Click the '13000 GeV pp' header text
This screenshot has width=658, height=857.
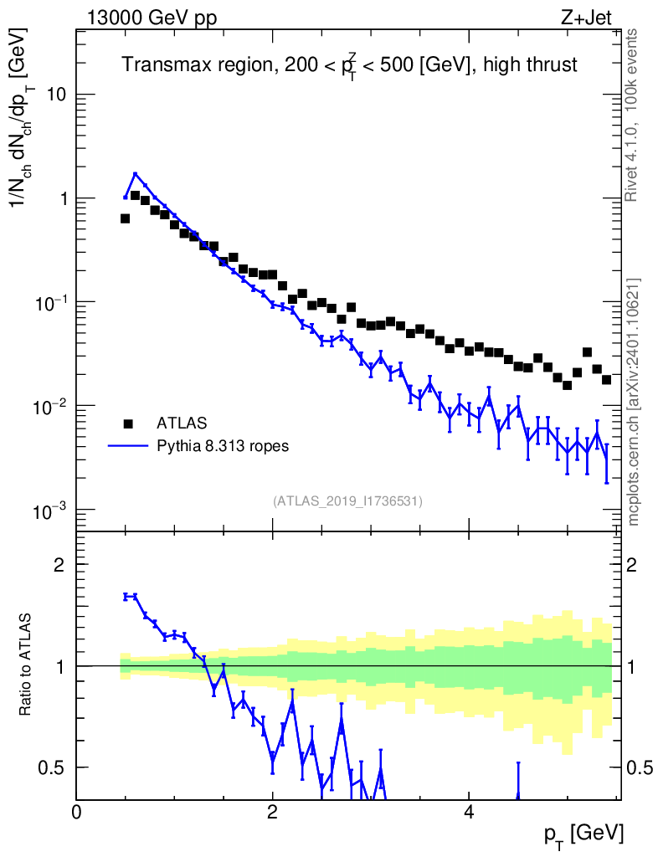click(151, 18)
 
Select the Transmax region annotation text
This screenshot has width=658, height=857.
click(350, 65)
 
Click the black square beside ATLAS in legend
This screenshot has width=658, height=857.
click(127, 423)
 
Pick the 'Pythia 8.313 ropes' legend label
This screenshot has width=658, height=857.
click(224, 446)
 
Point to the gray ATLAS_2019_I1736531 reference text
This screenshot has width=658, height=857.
click(347, 501)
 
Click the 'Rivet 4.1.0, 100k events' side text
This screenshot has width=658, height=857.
click(633, 115)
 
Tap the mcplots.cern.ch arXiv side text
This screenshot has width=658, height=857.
click(634, 402)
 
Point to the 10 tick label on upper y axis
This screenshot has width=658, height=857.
click(55, 95)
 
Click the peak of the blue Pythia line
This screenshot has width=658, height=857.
click(135, 174)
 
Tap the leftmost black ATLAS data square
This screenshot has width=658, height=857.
click(125, 218)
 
